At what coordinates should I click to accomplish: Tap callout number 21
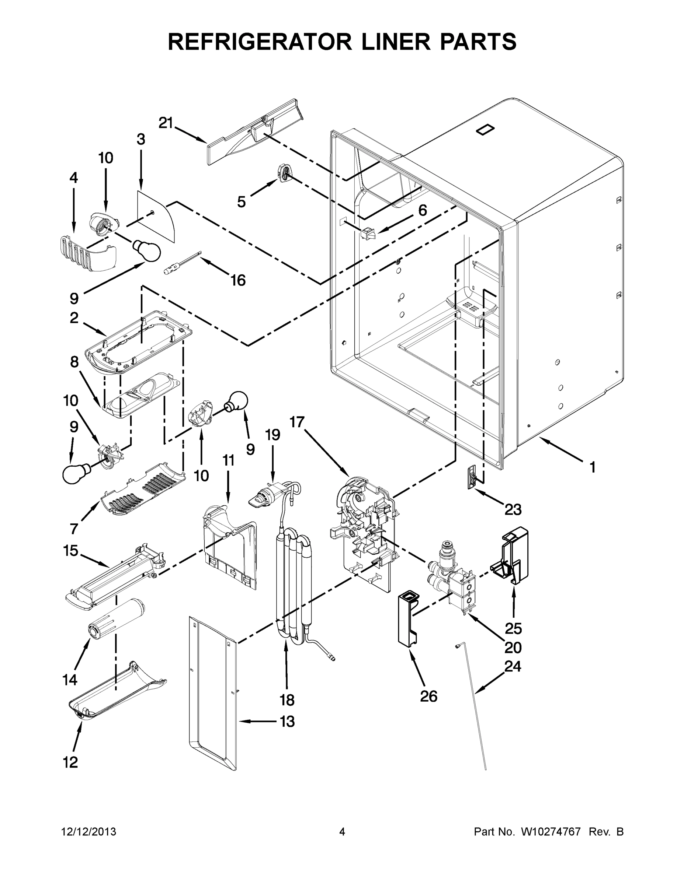click(x=165, y=123)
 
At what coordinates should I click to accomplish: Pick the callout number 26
click(x=429, y=696)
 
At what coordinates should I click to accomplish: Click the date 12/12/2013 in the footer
click(x=89, y=832)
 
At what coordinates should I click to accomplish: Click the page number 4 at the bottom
click(x=342, y=832)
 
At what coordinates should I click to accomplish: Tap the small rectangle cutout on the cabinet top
click(x=486, y=130)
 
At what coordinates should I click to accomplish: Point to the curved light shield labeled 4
click(x=86, y=252)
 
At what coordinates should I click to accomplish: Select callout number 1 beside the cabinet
click(x=593, y=467)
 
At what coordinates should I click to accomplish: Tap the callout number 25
click(x=513, y=628)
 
